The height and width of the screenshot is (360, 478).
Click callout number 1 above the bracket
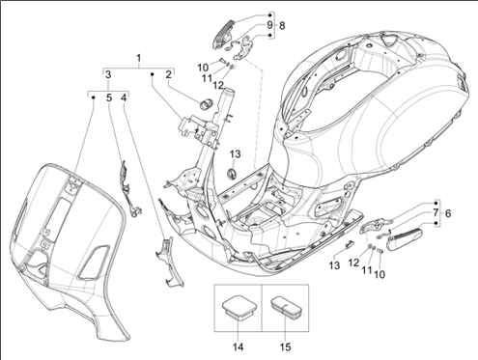(139, 59)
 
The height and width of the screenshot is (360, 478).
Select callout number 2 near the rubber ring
(168, 74)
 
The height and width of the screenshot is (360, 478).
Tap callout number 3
(108, 74)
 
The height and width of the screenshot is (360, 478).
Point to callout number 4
(124, 97)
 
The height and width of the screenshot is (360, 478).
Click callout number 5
(109, 97)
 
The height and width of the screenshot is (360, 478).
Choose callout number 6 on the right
(447, 213)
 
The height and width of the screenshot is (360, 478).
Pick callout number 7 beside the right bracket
(435, 212)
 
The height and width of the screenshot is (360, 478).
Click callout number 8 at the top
(282, 25)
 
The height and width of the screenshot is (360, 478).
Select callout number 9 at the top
(269, 25)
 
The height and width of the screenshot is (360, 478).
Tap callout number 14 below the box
(239, 346)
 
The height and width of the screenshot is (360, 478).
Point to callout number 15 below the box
(285, 346)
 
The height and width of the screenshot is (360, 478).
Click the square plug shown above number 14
(239, 308)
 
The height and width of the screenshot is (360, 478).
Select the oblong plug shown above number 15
(285, 307)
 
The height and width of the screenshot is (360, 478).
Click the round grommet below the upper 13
(232, 174)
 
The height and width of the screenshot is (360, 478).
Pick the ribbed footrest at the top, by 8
(223, 34)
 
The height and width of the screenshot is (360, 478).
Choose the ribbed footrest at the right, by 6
(406, 238)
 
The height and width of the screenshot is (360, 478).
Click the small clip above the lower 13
(349, 243)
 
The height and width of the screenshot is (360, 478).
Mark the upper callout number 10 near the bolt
(203, 68)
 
